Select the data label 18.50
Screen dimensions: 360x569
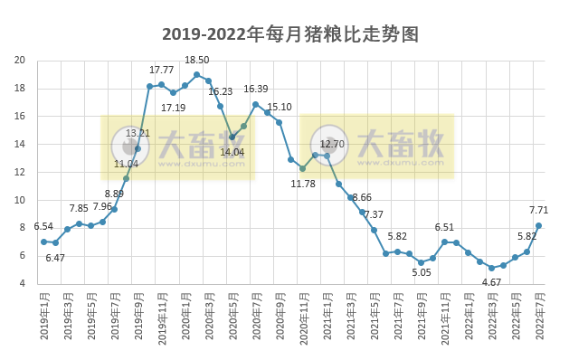tap(196, 61)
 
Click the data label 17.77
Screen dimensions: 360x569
tap(162, 70)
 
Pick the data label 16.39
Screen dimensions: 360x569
tap(256, 89)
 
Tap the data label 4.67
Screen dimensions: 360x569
tap(491, 282)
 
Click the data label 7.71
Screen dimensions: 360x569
tap(539, 210)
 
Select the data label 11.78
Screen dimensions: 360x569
tap(303, 184)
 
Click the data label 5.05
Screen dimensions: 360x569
tap(422, 272)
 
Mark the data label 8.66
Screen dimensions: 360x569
tap(361, 197)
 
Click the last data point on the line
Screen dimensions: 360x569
tap(539, 225)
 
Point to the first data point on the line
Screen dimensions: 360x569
tap(43, 242)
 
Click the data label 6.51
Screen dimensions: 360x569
tap(444, 228)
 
